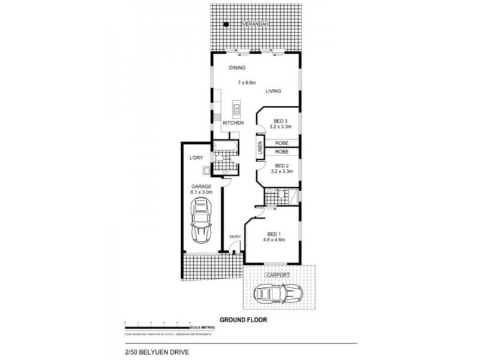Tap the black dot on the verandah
tap(226, 25)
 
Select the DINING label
tap(229, 68)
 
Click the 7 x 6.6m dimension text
tap(247, 81)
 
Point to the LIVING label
tap(274, 91)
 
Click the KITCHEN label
tap(233, 123)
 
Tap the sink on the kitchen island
tap(237, 110)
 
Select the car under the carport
tap(279, 294)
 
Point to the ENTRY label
tap(235, 236)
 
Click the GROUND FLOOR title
tap(243, 320)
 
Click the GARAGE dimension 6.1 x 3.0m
tap(202, 193)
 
